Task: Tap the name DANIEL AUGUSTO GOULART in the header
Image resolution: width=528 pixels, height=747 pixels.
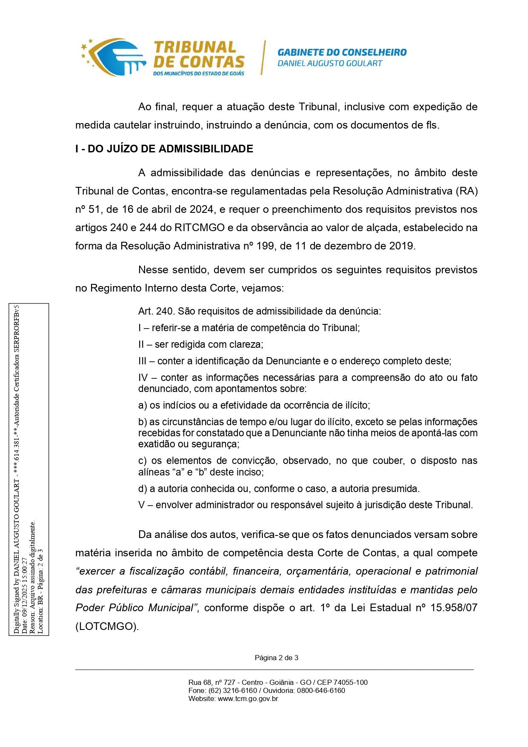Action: (330, 63)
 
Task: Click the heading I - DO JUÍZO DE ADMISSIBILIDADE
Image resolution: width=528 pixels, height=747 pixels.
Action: (164, 149)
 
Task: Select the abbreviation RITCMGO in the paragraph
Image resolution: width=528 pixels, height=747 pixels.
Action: (199, 227)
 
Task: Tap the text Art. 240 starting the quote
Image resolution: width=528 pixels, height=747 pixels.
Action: (155, 311)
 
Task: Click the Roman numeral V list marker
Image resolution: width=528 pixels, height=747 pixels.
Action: (142, 505)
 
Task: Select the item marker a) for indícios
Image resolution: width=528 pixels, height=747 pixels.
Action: (143, 405)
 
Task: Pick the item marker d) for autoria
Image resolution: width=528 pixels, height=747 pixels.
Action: (143, 488)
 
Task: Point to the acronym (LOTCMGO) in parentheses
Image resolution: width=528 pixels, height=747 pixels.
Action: (107, 627)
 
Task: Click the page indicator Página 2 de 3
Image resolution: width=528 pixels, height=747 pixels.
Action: (276, 658)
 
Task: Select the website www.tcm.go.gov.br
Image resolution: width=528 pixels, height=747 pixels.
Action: (248, 698)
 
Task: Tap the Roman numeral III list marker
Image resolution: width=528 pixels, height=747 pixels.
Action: (143, 361)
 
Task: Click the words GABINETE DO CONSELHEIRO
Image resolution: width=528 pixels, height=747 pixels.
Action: (342, 52)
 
